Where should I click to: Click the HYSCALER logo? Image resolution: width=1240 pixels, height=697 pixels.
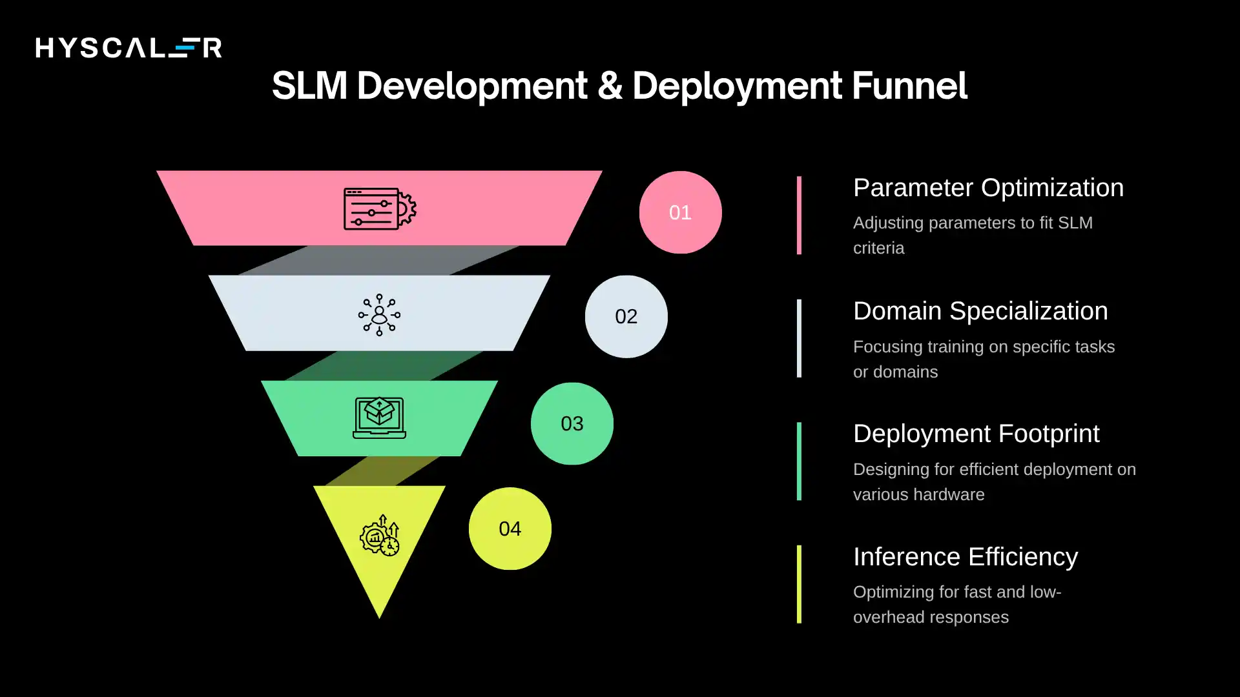[129, 48]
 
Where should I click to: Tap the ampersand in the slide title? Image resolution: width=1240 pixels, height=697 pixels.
[609, 86]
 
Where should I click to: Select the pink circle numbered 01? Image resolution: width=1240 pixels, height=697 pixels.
[680, 212]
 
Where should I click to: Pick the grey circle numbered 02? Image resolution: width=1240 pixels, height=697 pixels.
[626, 317]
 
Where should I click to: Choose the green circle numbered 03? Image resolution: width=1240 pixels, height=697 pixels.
[572, 424]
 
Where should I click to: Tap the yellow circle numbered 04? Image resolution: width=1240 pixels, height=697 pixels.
[510, 529]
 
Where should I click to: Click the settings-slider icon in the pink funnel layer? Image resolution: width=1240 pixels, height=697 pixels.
[379, 208]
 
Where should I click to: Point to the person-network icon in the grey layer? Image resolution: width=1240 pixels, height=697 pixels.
[379, 315]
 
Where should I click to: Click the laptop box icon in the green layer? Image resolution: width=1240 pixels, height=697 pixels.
[379, 418]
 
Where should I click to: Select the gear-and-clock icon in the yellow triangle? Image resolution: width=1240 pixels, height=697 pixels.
[380, 536]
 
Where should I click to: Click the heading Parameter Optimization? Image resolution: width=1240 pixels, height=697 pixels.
[988, 188]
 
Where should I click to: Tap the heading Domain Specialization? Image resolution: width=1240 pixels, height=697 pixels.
[980, 311]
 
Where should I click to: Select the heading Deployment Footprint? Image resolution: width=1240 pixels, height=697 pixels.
[976, 434]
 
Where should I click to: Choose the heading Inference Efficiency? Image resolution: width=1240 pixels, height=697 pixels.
[965, 557]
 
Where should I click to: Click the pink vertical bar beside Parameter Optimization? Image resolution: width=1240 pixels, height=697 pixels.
[799, 215]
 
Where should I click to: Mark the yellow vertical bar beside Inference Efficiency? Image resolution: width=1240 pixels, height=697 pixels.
[799, 584]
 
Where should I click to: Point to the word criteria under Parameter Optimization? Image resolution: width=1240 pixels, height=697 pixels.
[878, 248]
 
